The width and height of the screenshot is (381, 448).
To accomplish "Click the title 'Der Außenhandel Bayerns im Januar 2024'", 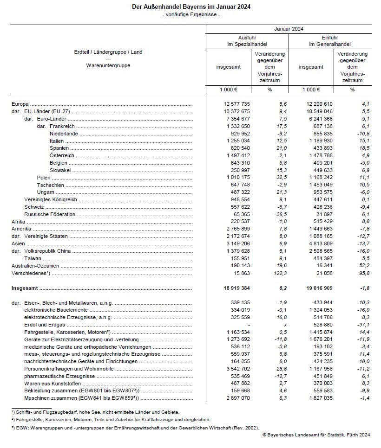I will click(x=190, y=8).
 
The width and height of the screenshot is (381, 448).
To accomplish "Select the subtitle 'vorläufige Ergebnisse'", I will click(x=191, y=15).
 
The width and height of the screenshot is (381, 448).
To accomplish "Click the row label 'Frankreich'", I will click(x=62, y=126).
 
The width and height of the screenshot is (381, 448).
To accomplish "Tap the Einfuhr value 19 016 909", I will click(x=317, y=288).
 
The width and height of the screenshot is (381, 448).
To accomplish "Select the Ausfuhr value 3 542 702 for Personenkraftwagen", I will click(x=236, y=369).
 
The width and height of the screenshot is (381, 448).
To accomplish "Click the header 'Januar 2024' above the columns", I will click(x=289, y=29).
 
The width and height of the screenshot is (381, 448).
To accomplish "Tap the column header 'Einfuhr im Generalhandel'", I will click(x=330, y=40).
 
